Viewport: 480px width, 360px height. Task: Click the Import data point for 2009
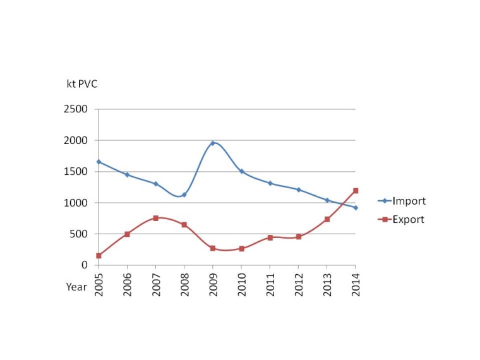tap(213, 143)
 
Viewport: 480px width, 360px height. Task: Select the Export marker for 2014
tap(356, 190)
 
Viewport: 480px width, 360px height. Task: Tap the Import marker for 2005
tap(99, 162)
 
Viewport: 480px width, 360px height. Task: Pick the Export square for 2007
tap(155, 218)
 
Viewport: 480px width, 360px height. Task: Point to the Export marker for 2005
tap(99, 256)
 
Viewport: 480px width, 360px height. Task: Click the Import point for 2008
tap(184, 195)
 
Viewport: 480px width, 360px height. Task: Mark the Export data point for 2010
tap(241, 249)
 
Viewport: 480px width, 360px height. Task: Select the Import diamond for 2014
tap(356, 207)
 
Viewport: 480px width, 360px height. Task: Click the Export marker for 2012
tap(299, 237)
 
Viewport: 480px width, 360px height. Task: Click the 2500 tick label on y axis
tap(76, 109)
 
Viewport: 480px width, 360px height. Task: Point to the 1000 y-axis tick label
tap(76, 203)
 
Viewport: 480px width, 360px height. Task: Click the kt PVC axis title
tap(82, 84)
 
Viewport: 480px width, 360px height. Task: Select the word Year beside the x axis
tap(76, 286)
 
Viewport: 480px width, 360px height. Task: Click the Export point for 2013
tap(327, 219)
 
